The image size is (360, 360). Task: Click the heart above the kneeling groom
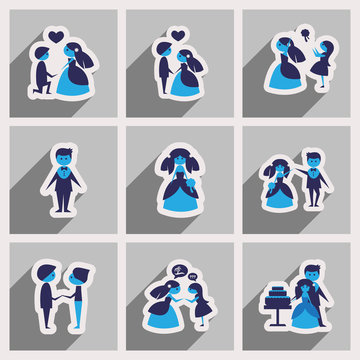point(57,39)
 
